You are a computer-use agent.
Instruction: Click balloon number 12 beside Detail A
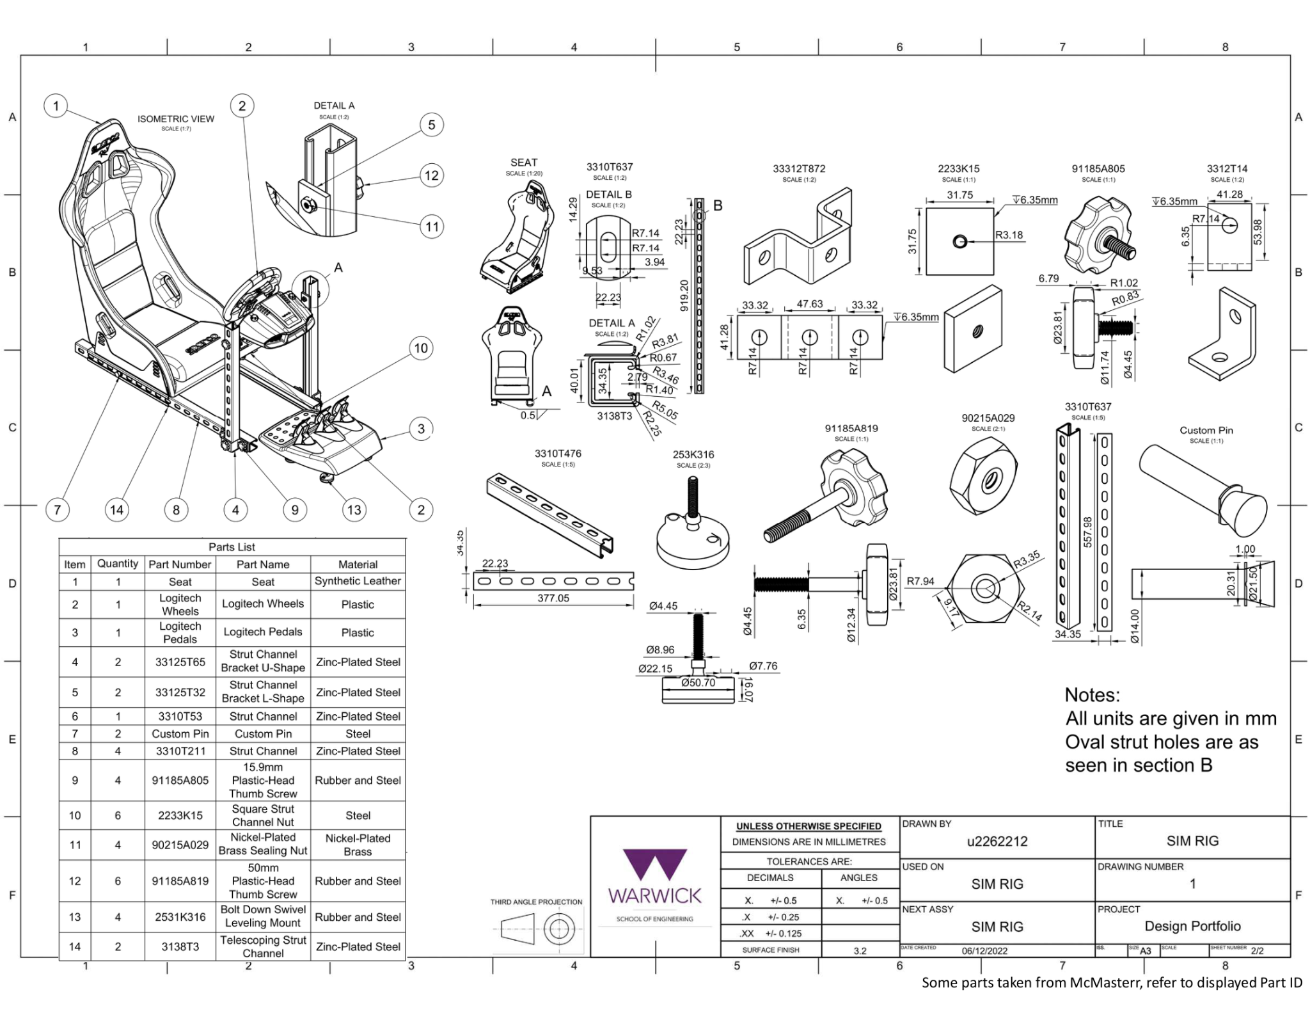[x=432, y=175]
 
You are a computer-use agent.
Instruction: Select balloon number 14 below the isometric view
[x=116, y=510]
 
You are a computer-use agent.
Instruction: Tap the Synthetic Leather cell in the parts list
[x=358, y=581]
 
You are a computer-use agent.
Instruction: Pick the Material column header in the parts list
[x=358, y=564]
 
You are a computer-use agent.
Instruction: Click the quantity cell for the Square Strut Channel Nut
[x=118, y=815]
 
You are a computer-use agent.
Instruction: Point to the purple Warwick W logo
[x=654, y=865]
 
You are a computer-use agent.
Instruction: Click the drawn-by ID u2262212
[x=997, y=842]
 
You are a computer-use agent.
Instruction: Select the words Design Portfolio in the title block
[x=1192, y=926]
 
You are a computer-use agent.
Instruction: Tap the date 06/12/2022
[x=984, y=951]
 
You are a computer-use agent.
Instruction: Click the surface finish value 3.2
[x=860, y=951]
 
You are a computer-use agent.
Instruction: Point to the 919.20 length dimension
[x=684, y=295]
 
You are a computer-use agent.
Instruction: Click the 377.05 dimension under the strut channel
[x=553, y=598]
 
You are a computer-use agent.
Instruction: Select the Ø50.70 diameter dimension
[x=698, y=683]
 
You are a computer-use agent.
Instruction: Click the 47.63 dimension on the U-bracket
[x=809, y=304]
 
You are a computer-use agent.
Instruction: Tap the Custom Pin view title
[x=1206, y=430]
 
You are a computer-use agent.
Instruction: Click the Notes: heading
[x=1092, y=695]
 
